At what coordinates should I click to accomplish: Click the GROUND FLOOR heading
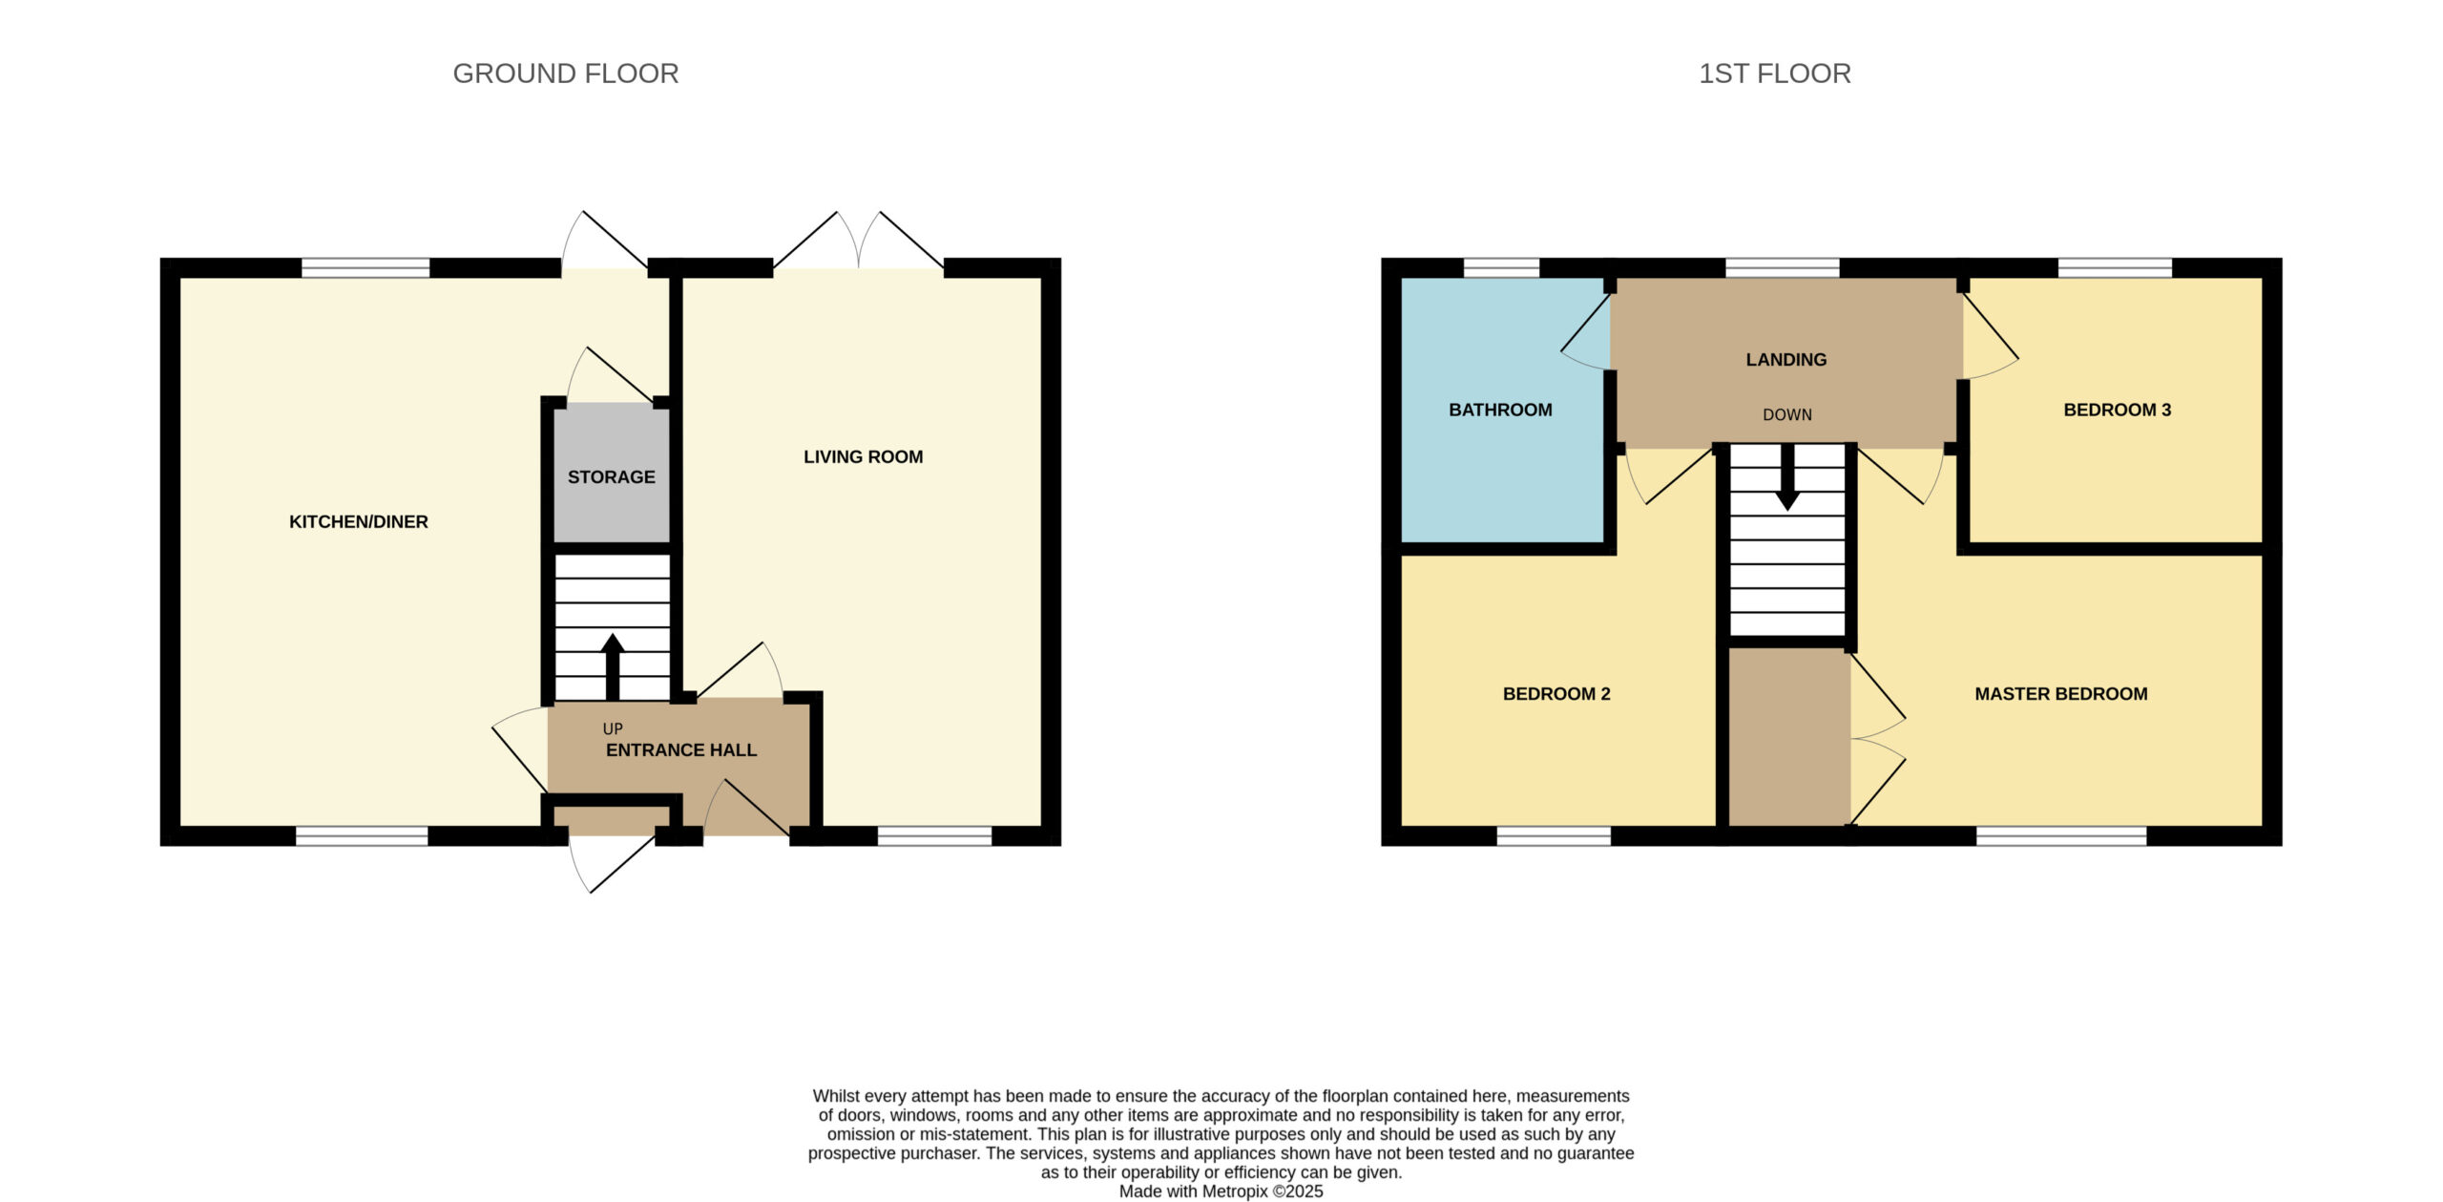click(x=565, y=74)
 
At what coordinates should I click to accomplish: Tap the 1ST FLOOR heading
click(x=1774, y=74)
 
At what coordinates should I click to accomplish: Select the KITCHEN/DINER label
click(x=359, y=521)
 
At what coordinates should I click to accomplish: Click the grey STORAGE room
click(x=612, y=473)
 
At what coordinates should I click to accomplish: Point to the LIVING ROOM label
click(x=863, y=456)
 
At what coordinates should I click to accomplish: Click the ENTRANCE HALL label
click(x=681, y=750)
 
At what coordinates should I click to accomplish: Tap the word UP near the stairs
click(x=613, y=728)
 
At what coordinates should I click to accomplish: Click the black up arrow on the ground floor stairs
click(x=613, y=666)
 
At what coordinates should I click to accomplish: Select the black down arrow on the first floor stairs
click(x=1787, y=476)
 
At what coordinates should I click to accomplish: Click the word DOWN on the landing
click(x=1787, y=414)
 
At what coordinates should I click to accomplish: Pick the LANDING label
click(x=1786, y=360)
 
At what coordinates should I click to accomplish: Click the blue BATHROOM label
click(x=1500, y=410)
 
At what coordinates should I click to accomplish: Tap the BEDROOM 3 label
click(x=2117, y=410)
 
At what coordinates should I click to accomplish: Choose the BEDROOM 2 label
click(x=1556, y=694)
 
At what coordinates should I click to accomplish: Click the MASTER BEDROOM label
click(x=2061, y=694)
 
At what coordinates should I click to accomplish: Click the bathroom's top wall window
click(x=1501, y=267)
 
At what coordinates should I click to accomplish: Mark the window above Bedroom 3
click(x=2115, y=267)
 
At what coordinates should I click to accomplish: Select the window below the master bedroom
click(x=2061, y=836)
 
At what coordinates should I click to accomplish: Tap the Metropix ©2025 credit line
click(x=1221, y=1191)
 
